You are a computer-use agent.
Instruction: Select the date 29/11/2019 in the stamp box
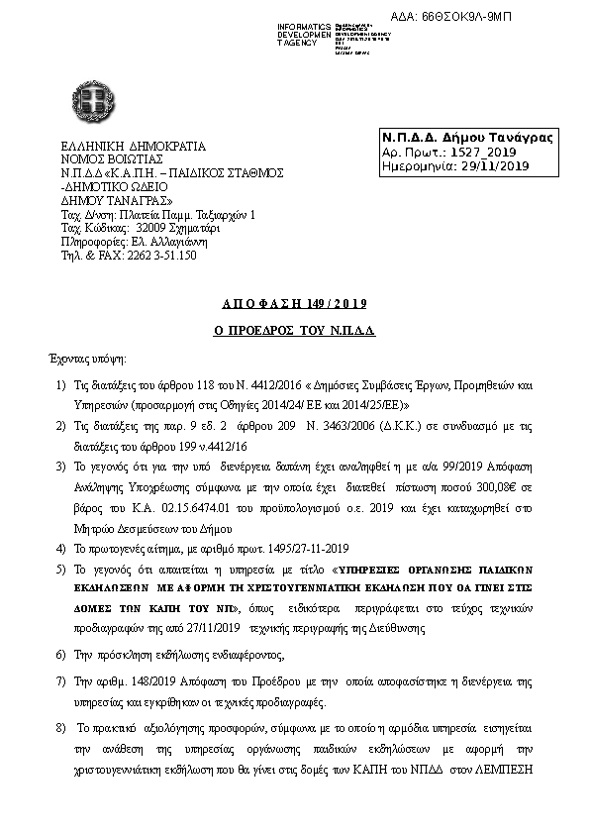coord(496,165)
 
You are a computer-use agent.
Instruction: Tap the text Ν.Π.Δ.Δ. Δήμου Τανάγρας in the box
coord(467,137)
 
